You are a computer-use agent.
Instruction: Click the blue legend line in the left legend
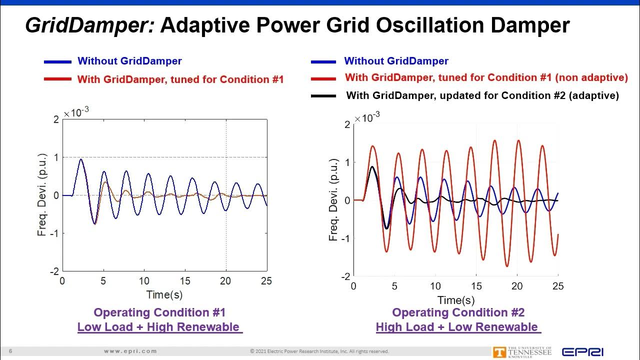coord(57,61)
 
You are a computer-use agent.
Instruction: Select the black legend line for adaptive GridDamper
coord(323,95)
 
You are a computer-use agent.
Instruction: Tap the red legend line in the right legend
coord(323,78)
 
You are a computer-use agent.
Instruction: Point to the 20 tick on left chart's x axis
coord(226,281)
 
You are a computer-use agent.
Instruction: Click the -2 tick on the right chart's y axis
coord(345,276)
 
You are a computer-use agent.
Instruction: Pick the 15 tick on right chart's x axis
coord(476,286)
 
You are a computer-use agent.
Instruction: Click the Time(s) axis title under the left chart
coord(164,294)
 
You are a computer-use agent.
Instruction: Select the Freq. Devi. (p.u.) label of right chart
coord(334,200)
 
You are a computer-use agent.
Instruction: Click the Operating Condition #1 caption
coord(159,312)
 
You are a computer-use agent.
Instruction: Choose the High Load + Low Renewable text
coord(457,327)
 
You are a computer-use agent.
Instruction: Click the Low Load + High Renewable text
coord(158,327)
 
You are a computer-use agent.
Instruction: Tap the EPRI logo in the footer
coord(582,352)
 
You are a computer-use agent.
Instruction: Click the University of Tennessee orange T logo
coord(498,352)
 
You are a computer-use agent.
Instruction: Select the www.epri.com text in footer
coord(130,351)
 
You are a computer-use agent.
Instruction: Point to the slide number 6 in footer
coord(10,351)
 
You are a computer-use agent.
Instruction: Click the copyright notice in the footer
coord(319,351)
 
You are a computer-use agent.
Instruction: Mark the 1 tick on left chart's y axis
coord(56,157)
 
